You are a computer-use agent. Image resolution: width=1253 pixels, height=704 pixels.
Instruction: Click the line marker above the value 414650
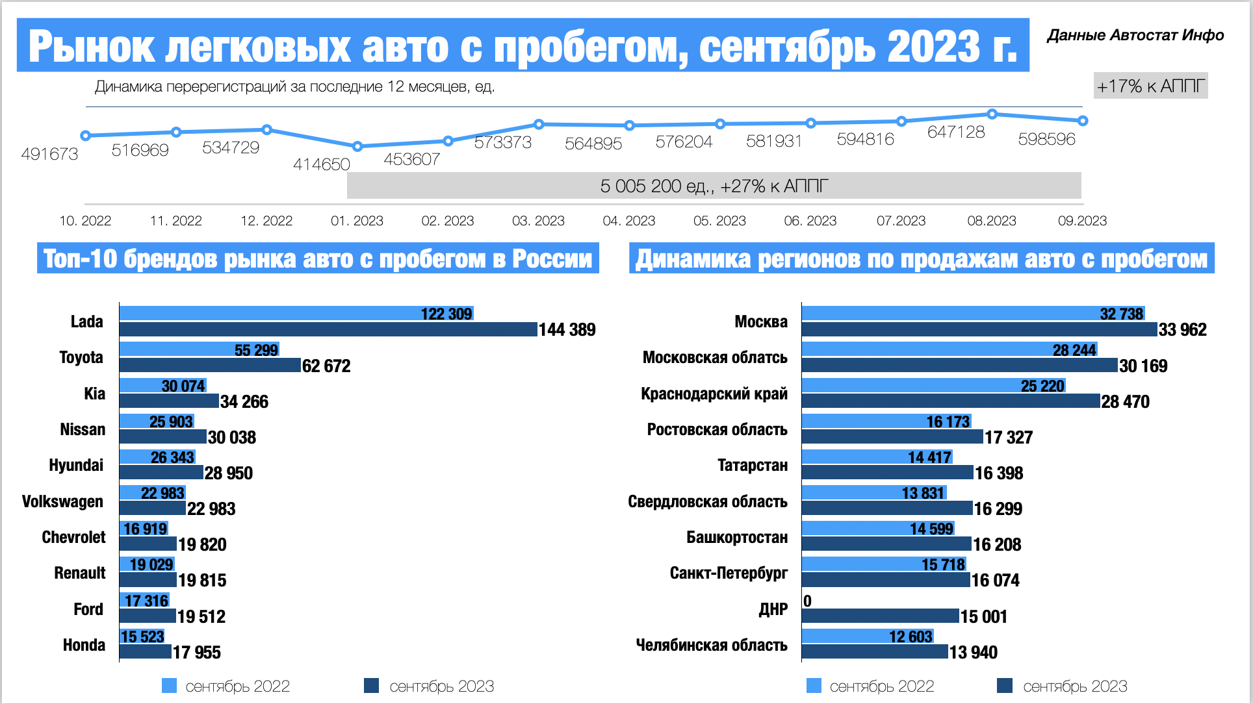click(357, 146)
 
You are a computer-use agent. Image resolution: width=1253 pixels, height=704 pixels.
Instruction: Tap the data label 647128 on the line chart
click(956, 132)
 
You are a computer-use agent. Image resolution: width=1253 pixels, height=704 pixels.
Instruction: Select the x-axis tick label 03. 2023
click(538, 221)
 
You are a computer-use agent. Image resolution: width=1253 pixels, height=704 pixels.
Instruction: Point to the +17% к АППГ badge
click(1150, 86)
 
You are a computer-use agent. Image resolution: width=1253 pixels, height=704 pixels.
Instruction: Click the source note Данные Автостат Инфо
click(1135, 35)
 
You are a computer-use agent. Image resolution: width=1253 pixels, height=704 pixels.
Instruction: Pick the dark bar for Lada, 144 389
click(328, 329)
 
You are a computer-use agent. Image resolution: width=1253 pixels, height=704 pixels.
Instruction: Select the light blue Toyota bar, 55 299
click(199, 349)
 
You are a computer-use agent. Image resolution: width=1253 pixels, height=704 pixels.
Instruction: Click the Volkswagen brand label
click(62, 501)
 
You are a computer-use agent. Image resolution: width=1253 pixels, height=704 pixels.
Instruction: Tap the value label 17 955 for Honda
click(197, 652)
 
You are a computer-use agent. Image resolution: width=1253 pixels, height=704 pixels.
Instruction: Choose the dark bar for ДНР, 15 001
click(880, 616)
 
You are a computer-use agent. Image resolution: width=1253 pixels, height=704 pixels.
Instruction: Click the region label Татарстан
click(752, 466)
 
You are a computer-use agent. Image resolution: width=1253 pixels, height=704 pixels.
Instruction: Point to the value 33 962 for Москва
click(1182, 330)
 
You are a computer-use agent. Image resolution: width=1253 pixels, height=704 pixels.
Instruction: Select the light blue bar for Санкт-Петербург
click(883, 564)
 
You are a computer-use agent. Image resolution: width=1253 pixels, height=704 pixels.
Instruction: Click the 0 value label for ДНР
click(807, 601)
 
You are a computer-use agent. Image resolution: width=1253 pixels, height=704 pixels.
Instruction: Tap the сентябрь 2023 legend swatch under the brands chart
click(371, 686)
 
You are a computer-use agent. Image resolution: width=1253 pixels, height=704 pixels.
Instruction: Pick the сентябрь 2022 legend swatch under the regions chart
click(814, 686)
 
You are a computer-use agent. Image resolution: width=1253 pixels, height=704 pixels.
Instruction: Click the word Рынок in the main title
click(91, 47)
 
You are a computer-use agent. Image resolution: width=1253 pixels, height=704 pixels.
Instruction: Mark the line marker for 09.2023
click(1083, 121)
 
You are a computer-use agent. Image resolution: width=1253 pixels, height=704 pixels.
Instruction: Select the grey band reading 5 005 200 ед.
click(714, 186)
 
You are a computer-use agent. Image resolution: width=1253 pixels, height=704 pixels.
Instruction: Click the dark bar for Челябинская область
click(874, 651)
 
